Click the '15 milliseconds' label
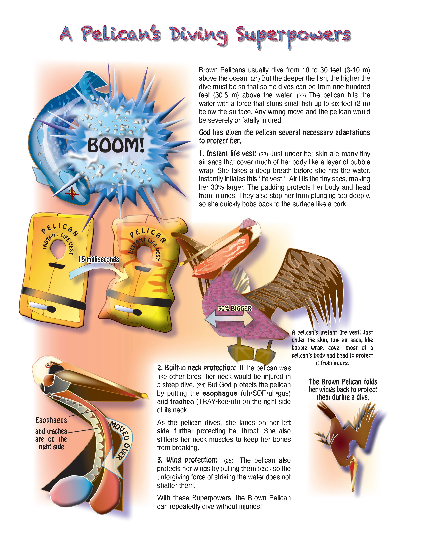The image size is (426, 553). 99,259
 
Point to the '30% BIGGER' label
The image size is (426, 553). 235,308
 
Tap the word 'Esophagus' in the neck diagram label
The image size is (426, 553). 51,420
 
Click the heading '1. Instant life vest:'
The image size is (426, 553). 228,154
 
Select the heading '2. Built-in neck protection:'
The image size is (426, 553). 196,368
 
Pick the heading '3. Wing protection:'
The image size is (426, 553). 187,460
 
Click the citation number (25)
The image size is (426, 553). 229,461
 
